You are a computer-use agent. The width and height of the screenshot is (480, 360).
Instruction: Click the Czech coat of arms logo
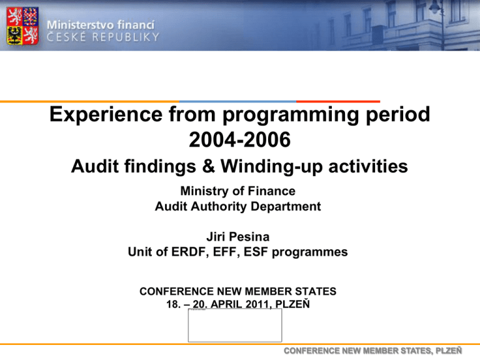click(22, 26)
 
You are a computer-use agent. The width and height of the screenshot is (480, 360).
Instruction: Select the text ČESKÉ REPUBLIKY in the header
click(103, 37)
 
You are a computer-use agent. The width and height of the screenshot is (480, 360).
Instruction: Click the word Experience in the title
click(106, 114)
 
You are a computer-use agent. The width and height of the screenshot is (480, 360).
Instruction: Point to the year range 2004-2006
click(240, 139)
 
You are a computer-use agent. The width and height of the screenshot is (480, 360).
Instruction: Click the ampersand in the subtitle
click(208, 166)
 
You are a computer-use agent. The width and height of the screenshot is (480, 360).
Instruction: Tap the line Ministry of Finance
click(238, 191)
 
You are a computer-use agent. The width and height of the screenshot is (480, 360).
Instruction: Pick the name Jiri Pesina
click(238, 237)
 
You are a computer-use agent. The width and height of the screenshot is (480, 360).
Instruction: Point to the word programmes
click(310, 252)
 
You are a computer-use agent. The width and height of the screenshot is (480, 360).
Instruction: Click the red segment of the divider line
click(338, 101)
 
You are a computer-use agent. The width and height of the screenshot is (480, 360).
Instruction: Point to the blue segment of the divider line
click(237, 101)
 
